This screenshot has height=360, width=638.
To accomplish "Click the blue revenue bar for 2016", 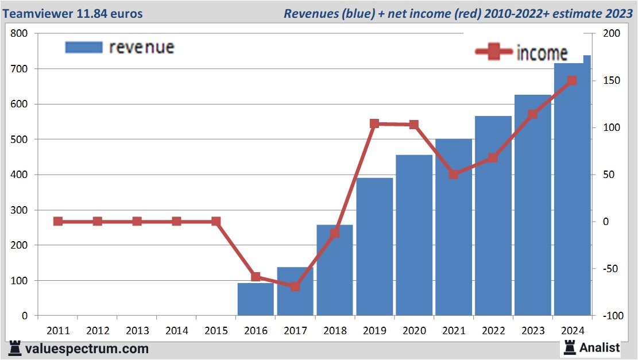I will point(256,299).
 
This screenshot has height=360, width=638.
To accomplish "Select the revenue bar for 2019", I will point(374,247).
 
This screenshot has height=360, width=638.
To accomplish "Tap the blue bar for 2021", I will point(454,227).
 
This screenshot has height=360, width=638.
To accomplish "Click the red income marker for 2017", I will point(295,286).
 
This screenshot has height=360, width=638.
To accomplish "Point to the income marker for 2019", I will point(374,124).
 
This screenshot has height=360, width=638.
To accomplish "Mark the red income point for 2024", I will point(571,81).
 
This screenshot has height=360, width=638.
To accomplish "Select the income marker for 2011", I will point(58,221).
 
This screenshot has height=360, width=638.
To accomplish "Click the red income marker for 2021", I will point(454,174).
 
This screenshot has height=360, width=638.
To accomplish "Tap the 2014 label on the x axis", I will point(176,331).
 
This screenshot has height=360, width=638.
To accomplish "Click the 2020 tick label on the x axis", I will point(414,331).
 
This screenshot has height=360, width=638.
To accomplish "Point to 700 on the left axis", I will point(20,69).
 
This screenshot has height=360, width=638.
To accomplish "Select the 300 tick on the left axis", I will point(20,210).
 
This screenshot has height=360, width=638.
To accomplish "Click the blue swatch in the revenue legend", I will point(84,47).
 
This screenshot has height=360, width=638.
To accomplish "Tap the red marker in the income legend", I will point(493,52).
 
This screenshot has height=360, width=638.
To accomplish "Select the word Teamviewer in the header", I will point(37,13).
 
